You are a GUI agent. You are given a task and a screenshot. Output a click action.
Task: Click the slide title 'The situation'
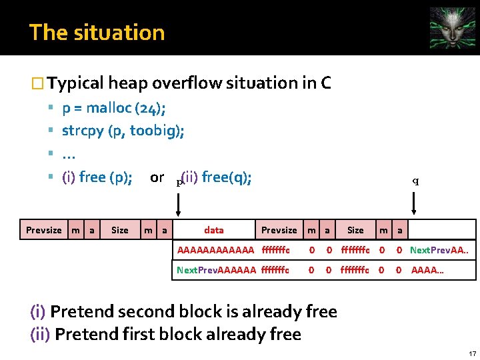click(97, 32)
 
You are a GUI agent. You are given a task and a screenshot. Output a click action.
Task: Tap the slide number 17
click(472, 353)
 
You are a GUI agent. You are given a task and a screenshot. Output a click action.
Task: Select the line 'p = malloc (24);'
click(114, 108)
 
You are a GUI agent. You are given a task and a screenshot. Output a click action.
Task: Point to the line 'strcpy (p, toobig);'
click(123, 130)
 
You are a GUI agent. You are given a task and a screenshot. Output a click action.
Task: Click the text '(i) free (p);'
click(97, 177)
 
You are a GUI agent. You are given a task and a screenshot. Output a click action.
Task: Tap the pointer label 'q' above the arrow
click(415, 180)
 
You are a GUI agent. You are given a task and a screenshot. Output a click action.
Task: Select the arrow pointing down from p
click(178, 202)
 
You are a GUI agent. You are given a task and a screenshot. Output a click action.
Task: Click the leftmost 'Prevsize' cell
click(44, 230)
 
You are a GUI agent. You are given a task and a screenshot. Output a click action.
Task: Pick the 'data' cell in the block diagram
click(213, 230)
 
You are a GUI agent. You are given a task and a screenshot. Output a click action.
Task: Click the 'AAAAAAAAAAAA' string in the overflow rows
click(216, 250)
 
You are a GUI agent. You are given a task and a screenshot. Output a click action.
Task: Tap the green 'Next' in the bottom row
click(187, 270)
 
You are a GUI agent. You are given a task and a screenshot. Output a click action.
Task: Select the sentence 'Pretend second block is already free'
click(193, 311)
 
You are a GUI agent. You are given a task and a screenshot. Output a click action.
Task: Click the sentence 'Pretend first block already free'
click(178, 333)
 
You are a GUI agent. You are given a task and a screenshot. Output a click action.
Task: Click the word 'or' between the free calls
click(157, 177)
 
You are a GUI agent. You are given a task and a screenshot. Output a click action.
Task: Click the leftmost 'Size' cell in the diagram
click(120, 230)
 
